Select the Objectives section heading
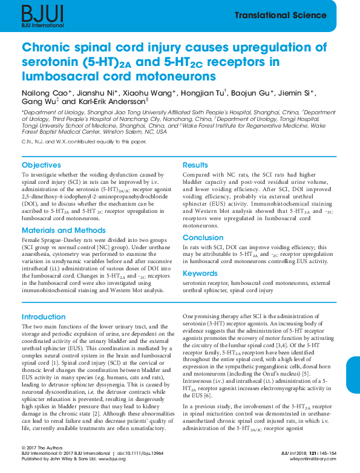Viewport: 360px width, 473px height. coord(41,165)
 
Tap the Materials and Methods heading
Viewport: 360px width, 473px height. coord(64,230)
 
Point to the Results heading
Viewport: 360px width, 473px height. coord(195,165)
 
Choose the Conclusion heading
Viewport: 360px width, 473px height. coord(203,238)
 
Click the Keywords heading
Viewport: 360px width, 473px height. coord(200,273)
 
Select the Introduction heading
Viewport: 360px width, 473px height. coord(44,317)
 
